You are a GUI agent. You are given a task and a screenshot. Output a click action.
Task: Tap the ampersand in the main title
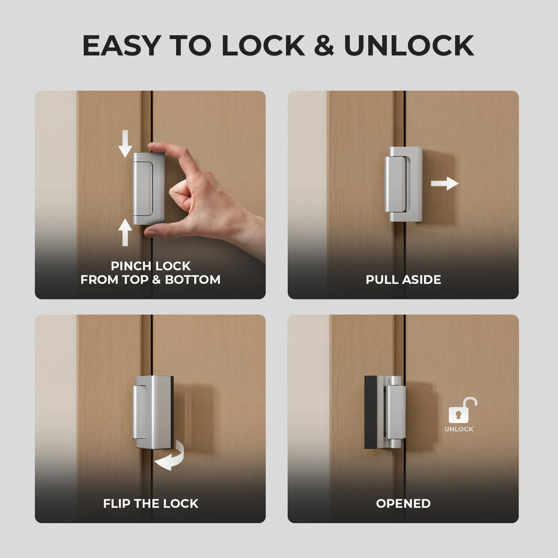tap(324, 45)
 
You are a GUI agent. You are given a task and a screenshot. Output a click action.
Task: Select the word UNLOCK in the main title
tap(409, 45)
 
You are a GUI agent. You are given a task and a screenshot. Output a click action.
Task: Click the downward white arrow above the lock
tap(125, 143)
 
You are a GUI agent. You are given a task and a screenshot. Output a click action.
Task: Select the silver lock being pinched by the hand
tap(148, 189)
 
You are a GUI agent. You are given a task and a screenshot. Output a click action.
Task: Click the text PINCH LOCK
tap(151, 266)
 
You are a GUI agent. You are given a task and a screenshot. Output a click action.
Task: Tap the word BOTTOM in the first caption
tap(193, 280)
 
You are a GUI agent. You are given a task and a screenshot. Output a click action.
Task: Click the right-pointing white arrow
tap(445, 184)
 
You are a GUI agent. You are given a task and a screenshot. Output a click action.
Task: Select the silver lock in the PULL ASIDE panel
tap(404, 184)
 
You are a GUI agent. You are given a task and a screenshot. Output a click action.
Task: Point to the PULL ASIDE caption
tap(403, 280)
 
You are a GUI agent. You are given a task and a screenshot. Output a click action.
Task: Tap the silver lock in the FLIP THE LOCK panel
tap(153, 413)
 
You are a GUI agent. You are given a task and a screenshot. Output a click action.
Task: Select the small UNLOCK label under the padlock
tap(459, 429)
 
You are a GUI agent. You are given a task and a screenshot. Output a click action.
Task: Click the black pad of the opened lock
tap(371, 413)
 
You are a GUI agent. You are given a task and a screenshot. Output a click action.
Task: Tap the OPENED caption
tap(403, 504)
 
